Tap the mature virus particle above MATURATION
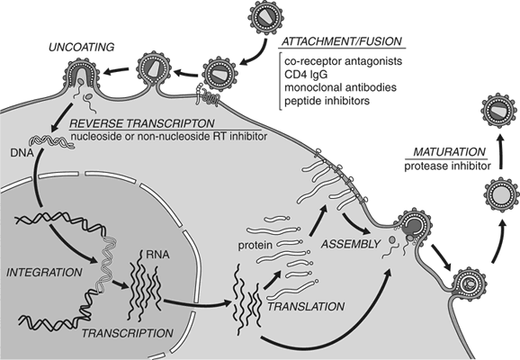(x=486, y=110)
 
